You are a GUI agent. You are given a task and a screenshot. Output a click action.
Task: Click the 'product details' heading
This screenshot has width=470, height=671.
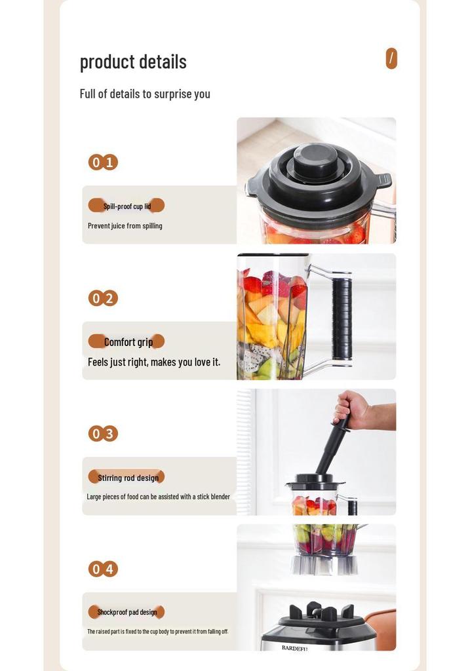coord(133,62)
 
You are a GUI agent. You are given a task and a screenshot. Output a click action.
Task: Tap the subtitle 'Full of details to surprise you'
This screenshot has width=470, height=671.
coord(145,94)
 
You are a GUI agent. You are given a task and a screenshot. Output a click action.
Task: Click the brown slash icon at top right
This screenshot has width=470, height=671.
coord(391,58)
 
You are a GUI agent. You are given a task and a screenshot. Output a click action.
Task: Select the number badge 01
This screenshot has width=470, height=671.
coord(103,163)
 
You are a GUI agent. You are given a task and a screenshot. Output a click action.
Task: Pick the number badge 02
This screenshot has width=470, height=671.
coord(103,298)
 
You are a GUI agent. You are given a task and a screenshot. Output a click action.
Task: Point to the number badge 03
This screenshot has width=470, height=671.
coord(103,434)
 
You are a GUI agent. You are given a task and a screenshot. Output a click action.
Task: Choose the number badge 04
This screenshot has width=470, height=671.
coord(103,569)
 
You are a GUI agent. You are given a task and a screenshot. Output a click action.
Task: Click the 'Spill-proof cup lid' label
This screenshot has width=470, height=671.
coord(127,206)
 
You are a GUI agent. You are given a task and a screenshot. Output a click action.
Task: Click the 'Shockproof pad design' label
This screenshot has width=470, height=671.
coord(127,612)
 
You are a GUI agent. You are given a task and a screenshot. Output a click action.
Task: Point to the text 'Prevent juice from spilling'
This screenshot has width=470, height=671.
coord(125,225)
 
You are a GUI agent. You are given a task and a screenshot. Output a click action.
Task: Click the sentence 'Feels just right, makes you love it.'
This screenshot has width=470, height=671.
coord(154,362)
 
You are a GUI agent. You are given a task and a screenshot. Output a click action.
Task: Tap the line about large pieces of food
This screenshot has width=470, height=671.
coord(159,497)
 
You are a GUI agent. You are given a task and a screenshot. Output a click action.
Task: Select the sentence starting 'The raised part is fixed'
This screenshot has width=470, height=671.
coord(158,631)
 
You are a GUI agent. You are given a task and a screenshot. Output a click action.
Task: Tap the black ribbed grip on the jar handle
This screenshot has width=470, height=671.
coord(342,318)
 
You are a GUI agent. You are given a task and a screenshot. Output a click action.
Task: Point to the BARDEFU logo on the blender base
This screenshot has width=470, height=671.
coord(295,648)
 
